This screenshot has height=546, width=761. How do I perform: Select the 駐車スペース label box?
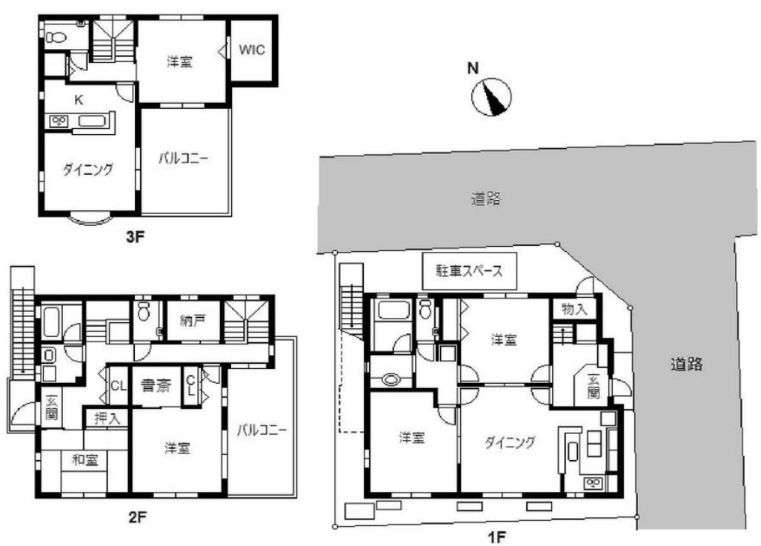(469, 270)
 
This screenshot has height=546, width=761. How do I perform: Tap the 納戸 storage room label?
(192, 322)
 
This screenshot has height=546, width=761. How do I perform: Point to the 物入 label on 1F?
(574, 308)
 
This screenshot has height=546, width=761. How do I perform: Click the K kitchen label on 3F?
(78, 99)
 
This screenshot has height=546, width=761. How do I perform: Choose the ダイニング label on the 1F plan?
(510, 442)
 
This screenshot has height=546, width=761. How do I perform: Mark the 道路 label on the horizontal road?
(485, 199)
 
